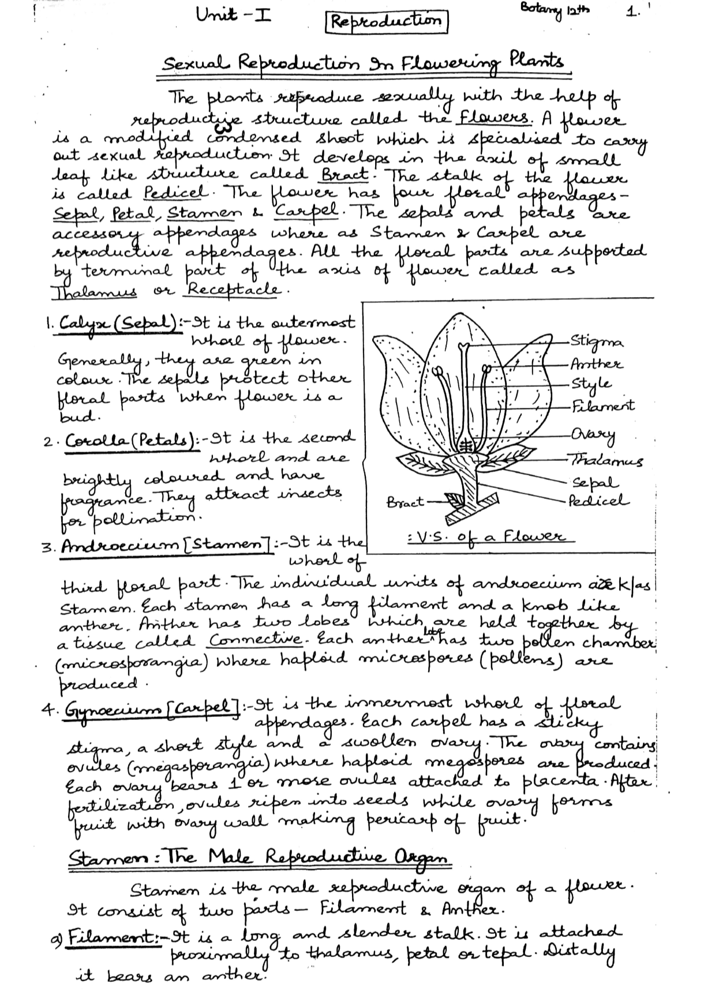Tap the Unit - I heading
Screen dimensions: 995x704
click(234, 16)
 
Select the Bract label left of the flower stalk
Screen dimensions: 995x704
click(405, 502)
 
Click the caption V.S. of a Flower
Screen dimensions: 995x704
click(483, 537)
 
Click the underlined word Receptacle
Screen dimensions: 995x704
click(234, 289)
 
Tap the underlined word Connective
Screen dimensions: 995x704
click(255, 641)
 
